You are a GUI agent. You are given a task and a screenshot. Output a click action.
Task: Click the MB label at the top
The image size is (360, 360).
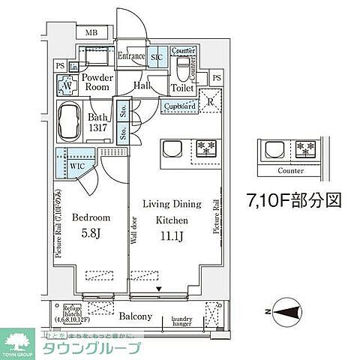pyautogui.click(x=91, y=33)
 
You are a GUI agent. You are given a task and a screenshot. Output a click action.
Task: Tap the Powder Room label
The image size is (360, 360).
pyautogui.click(x=97, y=82)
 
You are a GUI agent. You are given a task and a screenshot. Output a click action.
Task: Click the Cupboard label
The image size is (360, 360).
pyautogui.click(x=178, y=106)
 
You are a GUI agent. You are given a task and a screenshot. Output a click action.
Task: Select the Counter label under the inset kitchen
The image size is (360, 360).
pyautogui.click(x=289, y=171)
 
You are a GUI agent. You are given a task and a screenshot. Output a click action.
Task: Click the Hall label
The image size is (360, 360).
pyautogui.click(x=142, y=86)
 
